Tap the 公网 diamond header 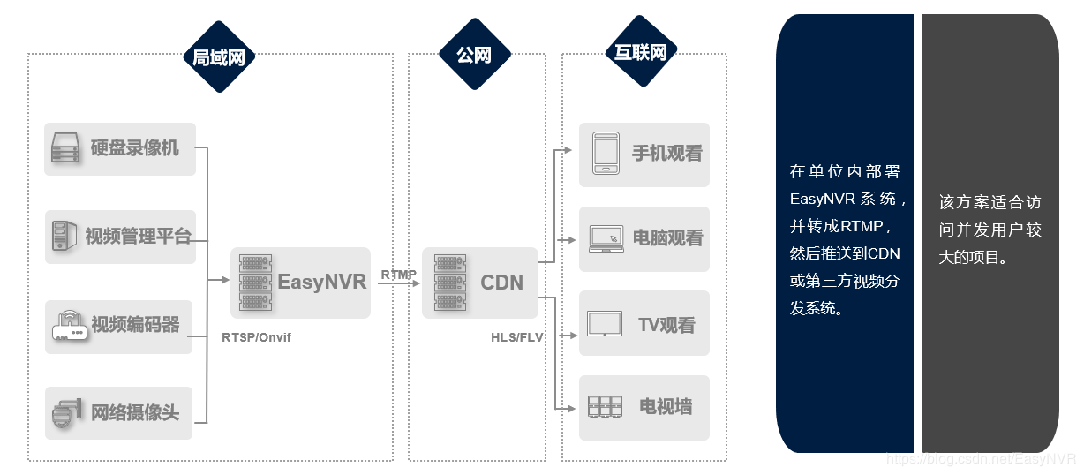coord(474,56)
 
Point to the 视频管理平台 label coord(138,236)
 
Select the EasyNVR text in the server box coord(321,283)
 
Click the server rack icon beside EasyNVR coord(254,283)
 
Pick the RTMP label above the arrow coord(398,275)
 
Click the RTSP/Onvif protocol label coord(256,337)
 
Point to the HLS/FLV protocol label coord(517,337)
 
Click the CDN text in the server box coord(501,283)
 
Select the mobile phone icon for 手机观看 coord(605,154)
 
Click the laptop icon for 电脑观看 coord(605,238)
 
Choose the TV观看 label coord(666,325)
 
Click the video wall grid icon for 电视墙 coord(605,407)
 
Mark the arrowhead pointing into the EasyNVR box coord(225,281)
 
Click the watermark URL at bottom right coord(980,459)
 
